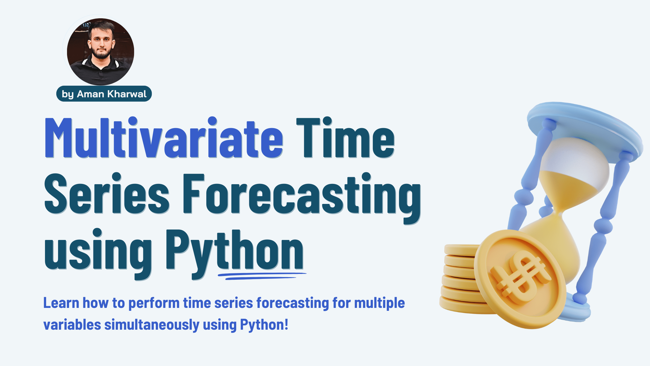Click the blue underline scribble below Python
coord(261,276)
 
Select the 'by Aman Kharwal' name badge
coord(104,94)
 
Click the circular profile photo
coord(100,52)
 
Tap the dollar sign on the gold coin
coord(519,277)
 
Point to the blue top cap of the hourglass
coord(583,128)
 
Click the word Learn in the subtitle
coord(61,303)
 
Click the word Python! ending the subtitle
coord(264,325)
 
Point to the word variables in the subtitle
coord(72,325)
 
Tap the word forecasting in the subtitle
coord(293,303)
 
